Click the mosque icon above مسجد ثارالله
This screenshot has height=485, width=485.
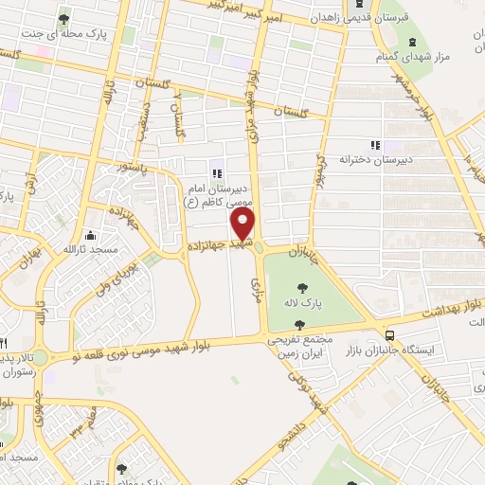(90, 235)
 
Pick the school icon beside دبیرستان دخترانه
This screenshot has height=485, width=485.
(375, 145)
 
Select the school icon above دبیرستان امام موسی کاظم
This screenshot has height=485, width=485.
(217, 173)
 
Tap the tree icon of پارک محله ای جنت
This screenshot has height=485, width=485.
(63, 18)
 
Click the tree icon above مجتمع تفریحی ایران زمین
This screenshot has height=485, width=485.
(300, 325)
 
